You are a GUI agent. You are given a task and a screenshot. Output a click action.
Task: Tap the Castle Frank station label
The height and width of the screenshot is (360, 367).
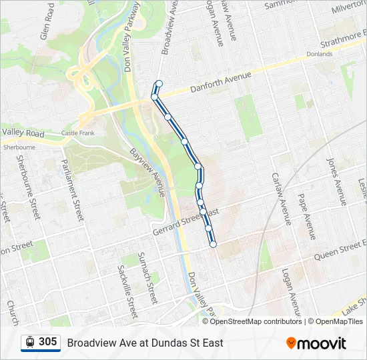click(78, 133)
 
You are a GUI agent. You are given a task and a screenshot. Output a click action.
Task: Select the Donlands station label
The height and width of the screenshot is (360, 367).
click(319, 54)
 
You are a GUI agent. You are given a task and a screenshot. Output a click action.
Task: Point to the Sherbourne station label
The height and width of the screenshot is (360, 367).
click(19, 147)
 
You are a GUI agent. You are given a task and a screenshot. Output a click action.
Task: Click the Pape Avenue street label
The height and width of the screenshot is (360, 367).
click(306, 217)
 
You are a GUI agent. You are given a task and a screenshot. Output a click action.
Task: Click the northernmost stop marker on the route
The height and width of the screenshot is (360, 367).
click(159, 83)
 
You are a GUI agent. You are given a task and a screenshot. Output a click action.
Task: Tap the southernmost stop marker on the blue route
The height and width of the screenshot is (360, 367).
click(213, 245)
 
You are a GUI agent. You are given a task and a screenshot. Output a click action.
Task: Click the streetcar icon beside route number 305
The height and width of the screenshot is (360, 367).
click(29, 342)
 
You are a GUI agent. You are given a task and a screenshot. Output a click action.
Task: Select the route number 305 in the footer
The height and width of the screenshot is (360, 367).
click(48, 342)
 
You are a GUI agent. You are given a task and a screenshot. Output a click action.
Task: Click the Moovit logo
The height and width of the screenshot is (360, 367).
click(316, 343)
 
